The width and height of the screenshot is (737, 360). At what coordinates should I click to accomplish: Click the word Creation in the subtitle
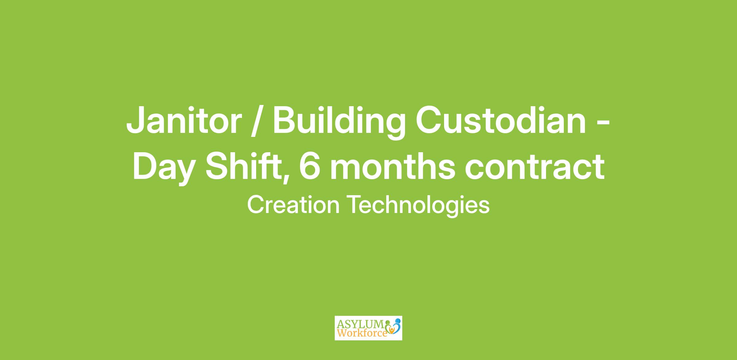pos(293,205)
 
